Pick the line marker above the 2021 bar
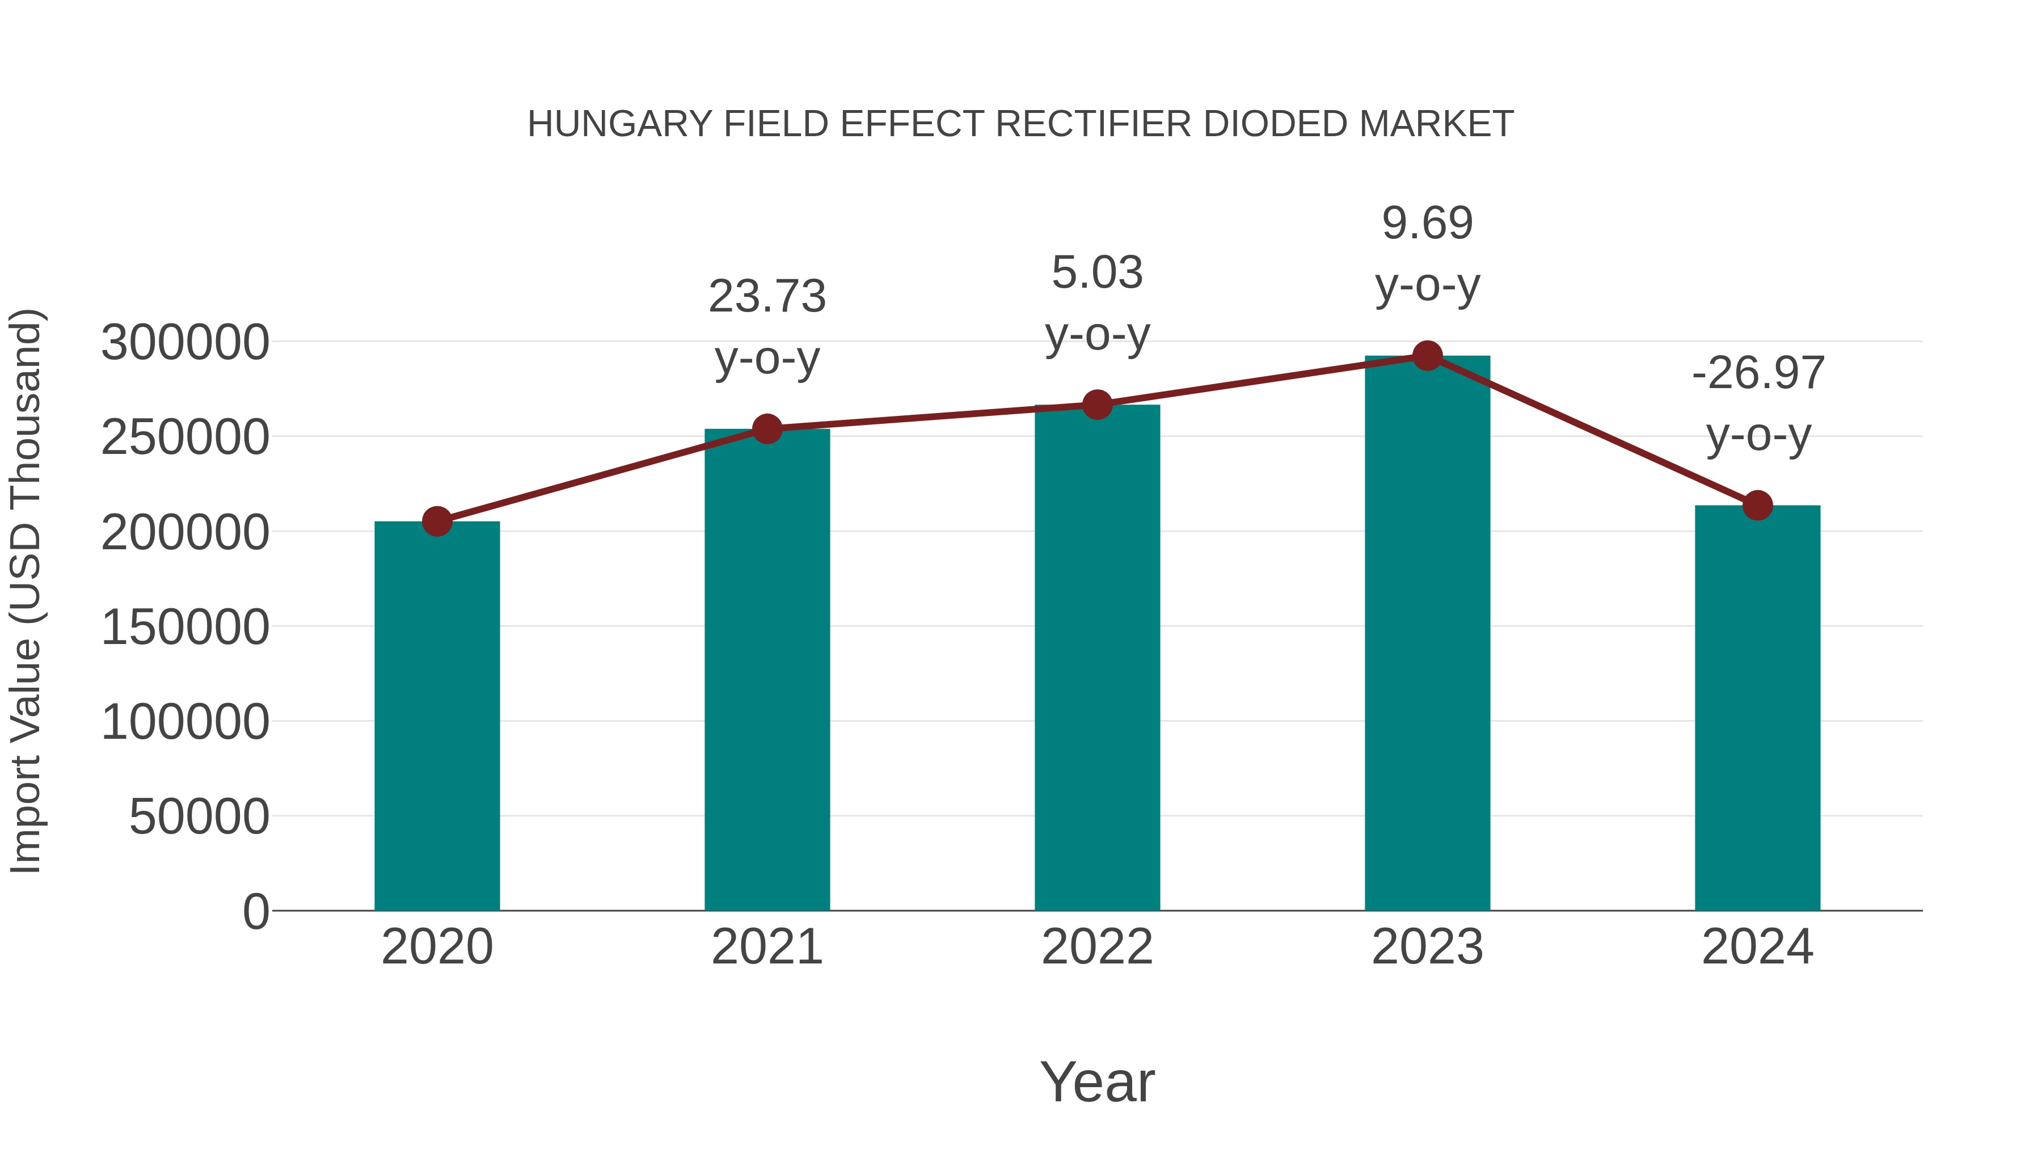(x=767, y=429)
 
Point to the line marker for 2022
(x=1097, y=405)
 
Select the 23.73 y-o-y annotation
(x=767, y=327)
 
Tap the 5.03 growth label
(x=1097, y=303)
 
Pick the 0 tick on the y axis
(x=256, y=911)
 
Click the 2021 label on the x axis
(x=767, y=947)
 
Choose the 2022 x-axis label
(x=1097, y=947)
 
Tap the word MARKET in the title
(x=1436, y=124)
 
